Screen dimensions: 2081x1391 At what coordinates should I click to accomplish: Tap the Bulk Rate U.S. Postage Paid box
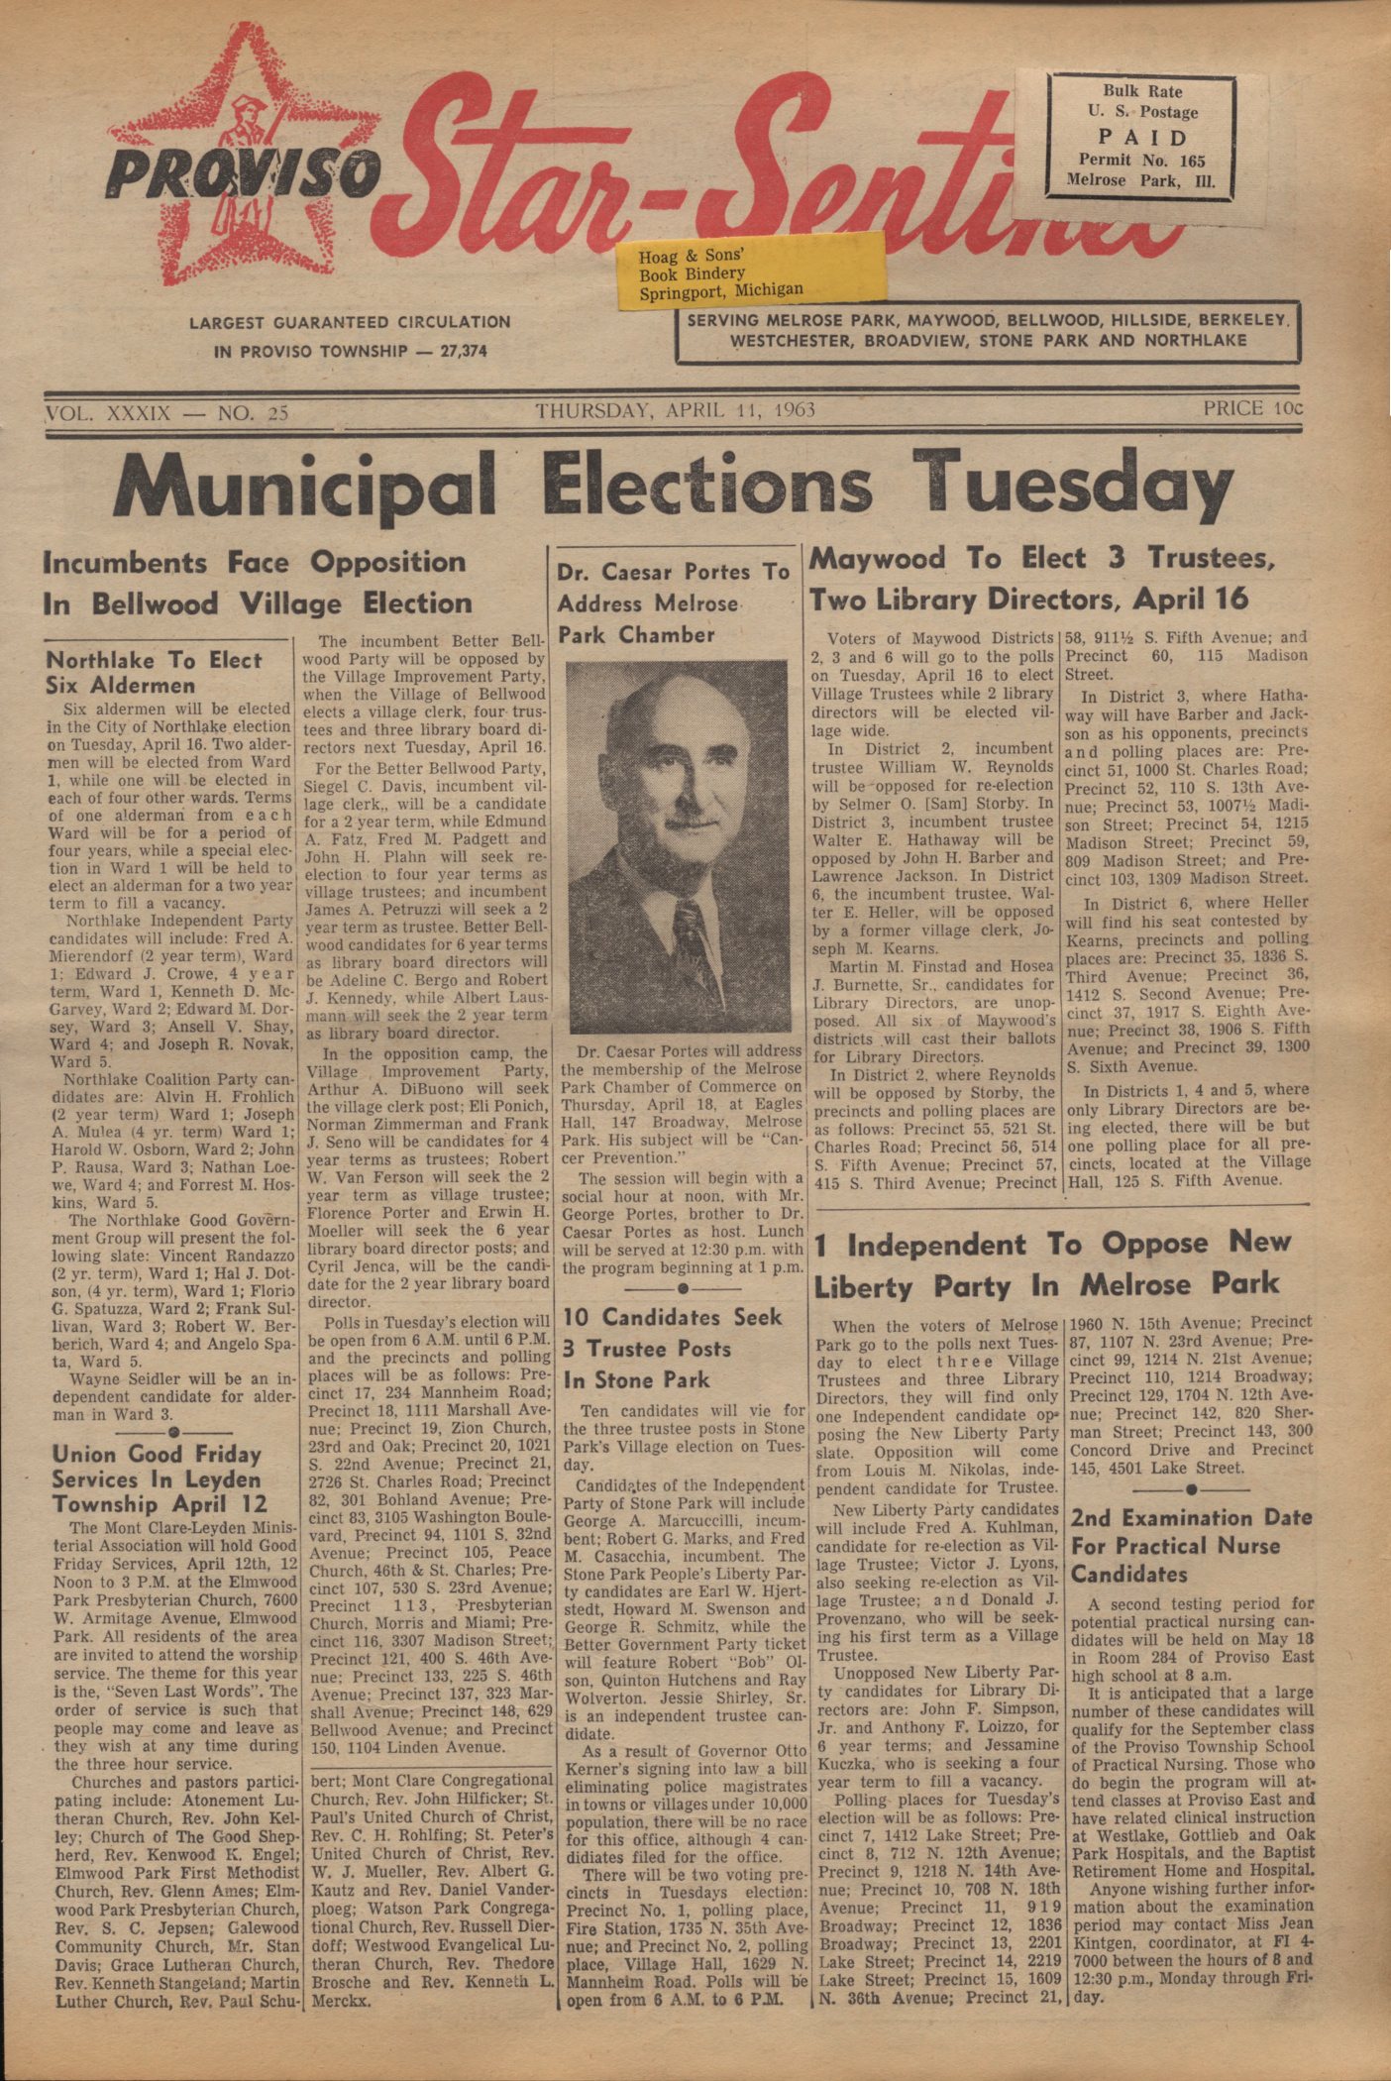(1140, 136)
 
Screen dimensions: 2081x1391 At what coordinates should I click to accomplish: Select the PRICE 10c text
(1251, 408)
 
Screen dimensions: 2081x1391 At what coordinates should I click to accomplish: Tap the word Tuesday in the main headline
(1073, 487)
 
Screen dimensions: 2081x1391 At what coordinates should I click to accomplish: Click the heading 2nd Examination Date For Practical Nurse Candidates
(1191, 1546)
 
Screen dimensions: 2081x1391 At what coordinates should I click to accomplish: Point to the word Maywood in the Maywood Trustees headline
(878, 560)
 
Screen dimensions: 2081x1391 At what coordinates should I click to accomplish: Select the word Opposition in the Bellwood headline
(387, 562)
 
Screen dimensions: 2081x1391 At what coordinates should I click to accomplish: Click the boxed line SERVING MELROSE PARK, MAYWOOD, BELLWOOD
(987, 321)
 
